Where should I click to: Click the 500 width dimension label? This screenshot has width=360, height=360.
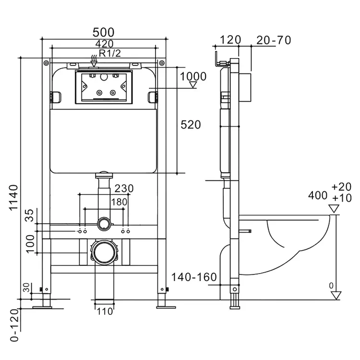(x=103, y=32)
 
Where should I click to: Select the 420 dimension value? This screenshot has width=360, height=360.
(x=105, y=44)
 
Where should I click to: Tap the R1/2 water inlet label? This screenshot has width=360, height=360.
(x=110, y=53)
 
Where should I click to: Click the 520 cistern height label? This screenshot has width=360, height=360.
(x=191, y=125)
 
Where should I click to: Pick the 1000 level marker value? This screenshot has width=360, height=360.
(x=193, y=76)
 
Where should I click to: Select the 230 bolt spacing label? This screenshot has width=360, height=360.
(x=124, y=189)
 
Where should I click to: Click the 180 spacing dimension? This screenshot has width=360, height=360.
(x=119, y=202)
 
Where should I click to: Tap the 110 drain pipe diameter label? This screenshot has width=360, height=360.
(x=105, y=312)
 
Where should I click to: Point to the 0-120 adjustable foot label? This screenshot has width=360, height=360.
(x=14, y=325)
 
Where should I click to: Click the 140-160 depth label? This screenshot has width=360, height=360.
(x=194, y=277)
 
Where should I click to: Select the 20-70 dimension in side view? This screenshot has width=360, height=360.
(x=274, y=40)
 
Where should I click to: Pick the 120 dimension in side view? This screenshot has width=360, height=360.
(x=230, y=40)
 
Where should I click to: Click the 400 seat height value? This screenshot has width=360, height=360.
(x=318, y=196)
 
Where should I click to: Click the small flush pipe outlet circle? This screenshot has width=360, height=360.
(x=105, y=223)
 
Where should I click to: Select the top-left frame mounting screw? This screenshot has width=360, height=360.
(x=46, y=63)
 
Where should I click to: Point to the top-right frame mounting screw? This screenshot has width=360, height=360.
(x=162, y=63)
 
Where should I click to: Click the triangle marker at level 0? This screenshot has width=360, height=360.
(x=336, y=295)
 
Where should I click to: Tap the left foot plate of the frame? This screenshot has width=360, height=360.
(x=42, y=307)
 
